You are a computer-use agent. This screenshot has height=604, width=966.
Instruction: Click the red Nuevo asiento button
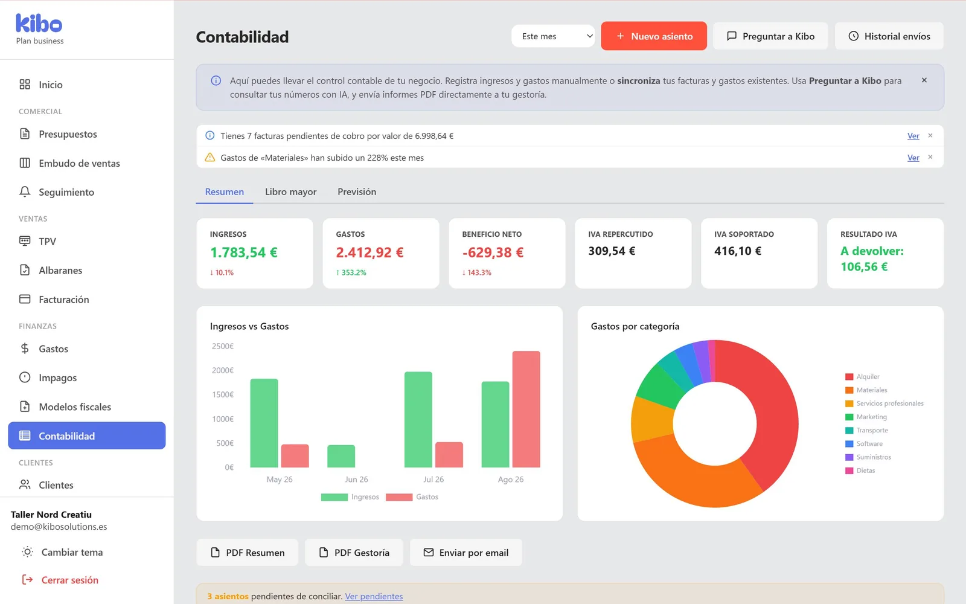pos(654,36)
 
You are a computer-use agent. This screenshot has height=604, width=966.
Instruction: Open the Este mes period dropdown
pos(553,36)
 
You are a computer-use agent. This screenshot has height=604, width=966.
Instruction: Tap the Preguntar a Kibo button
pos(770,36)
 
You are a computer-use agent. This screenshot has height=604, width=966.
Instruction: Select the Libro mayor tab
pos(290,191)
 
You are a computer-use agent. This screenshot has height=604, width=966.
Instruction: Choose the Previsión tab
pos(357,191)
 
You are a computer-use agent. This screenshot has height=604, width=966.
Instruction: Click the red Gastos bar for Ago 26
pos(526,409)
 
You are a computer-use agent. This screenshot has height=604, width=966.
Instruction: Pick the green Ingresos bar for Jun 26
pos(341,456)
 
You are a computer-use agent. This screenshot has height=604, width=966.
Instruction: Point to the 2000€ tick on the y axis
pos(223,370)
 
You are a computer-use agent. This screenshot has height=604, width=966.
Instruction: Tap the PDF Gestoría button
pos(354,552)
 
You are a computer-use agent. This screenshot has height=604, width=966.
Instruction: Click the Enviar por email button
pos(465,552)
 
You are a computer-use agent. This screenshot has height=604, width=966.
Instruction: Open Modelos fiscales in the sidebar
pos(75,406)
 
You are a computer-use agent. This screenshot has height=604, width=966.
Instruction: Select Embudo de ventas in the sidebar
pos(79,163)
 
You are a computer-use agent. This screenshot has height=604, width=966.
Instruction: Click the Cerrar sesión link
pos(70,580)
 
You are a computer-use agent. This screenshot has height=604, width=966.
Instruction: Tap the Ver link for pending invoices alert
pos(913,136)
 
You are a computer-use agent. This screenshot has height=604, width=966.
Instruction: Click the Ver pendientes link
pos(374,596)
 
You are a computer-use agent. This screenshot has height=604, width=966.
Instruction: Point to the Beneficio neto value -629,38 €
pos(493,252)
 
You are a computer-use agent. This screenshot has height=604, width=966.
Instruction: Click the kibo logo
pos(39,24)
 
